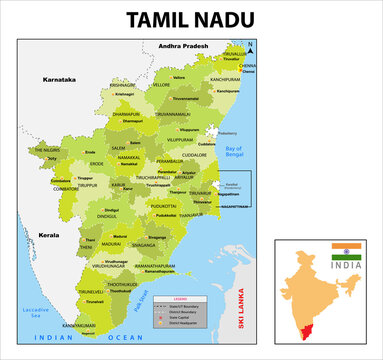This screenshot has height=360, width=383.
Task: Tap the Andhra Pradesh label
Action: point(180,46)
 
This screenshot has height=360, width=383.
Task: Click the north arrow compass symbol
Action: point(252,47)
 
